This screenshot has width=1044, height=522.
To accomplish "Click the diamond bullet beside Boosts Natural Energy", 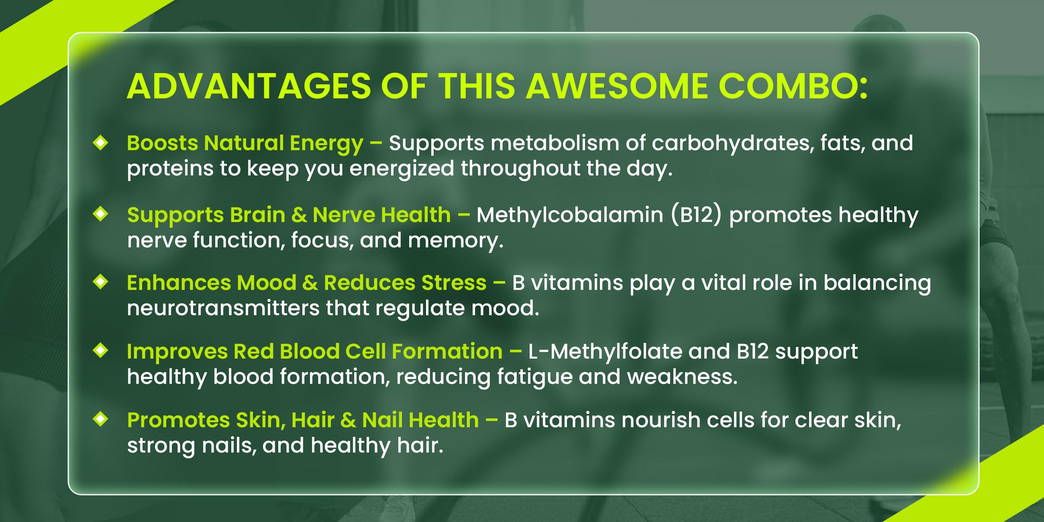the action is [100, 143].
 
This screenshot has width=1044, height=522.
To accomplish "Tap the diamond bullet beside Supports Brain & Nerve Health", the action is [100, 213].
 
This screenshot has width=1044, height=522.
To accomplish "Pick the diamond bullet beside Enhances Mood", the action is [100, 282].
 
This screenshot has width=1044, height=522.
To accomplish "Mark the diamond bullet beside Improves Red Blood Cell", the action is [100, 350].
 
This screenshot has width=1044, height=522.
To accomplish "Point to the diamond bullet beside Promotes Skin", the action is [100, 419].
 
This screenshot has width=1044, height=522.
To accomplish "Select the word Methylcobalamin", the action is [570, 216].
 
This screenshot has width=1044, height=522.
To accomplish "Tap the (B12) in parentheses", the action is [696, 216].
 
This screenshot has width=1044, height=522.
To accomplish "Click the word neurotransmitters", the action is [223, 308].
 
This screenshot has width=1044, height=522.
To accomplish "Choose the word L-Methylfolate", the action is [605, 351].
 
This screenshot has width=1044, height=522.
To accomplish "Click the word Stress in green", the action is [454, 283].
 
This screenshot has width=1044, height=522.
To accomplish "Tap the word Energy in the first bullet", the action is [326, 144].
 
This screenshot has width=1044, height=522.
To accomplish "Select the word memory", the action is [456, 241].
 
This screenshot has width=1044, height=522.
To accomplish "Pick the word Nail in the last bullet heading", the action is [381, 420].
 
